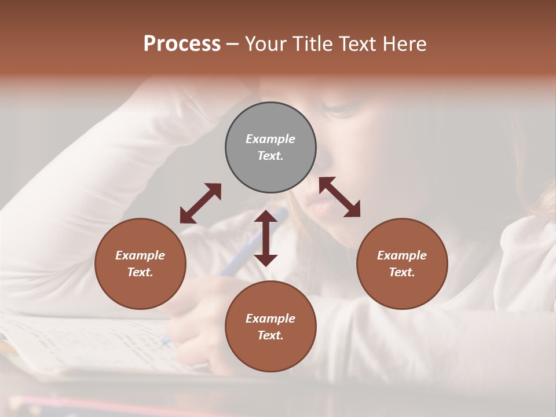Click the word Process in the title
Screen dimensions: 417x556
(x=182, y=44)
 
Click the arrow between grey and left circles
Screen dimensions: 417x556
(x=200, y=203)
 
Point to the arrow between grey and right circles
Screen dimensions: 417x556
(x=339, y=197)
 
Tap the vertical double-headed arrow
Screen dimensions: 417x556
(x=266, y=238)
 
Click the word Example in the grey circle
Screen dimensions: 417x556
(x=270, y=139)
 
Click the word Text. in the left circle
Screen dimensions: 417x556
(x=140, y=272)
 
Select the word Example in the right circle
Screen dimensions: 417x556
(x=402, y=255)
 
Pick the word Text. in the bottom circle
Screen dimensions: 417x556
(x=270, y=335)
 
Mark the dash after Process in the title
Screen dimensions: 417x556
(x=233, y=44)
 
